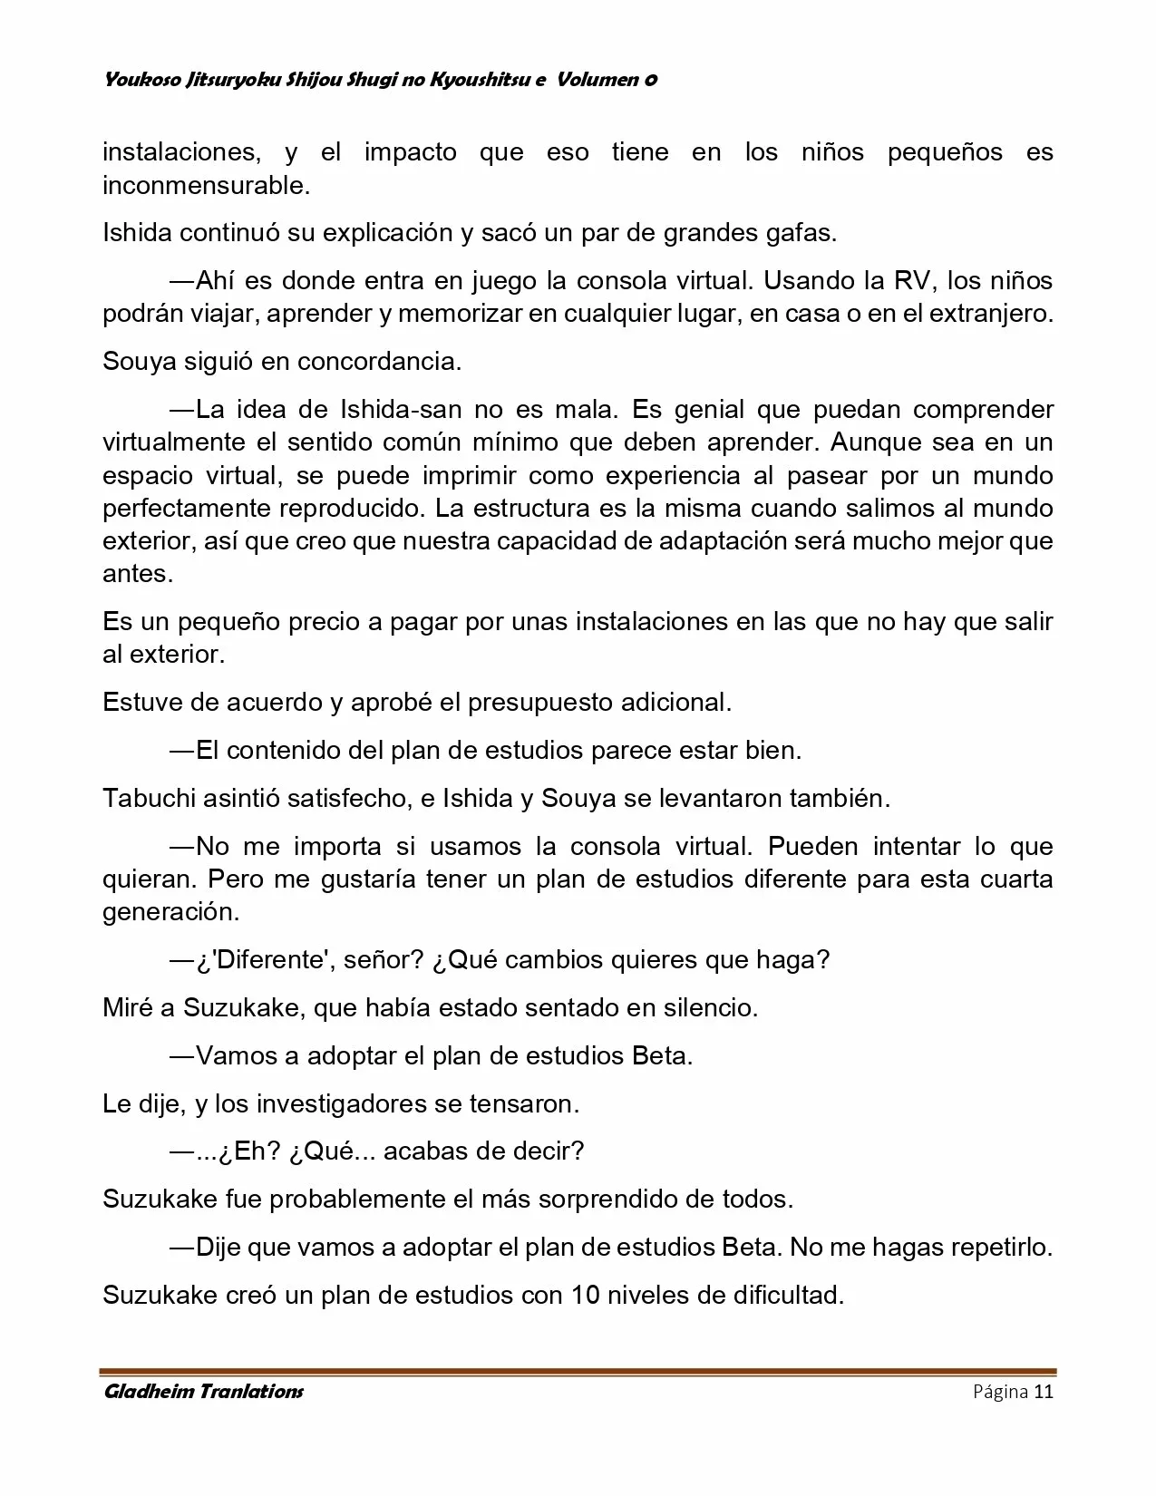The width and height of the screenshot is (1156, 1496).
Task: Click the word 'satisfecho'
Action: point(345,799)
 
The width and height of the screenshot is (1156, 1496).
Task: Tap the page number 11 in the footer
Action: point(1043,1393)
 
